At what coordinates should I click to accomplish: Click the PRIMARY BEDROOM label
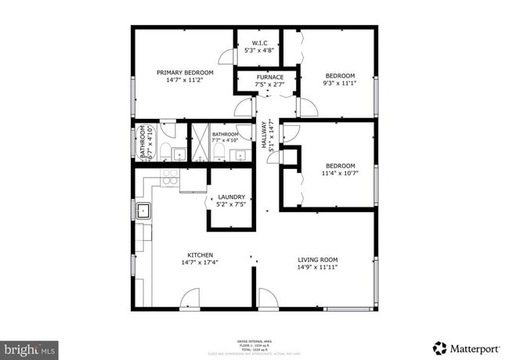point(185,72)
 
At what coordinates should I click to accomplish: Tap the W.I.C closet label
point(259,42)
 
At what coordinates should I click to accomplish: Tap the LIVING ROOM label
point(317,259)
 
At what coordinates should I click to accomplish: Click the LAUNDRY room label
point(232,197)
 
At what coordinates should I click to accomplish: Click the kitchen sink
point(143,210)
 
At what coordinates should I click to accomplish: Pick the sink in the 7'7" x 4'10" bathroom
point(241,153)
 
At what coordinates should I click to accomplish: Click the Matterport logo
point(467,347)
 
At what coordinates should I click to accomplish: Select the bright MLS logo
point(28,347)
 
